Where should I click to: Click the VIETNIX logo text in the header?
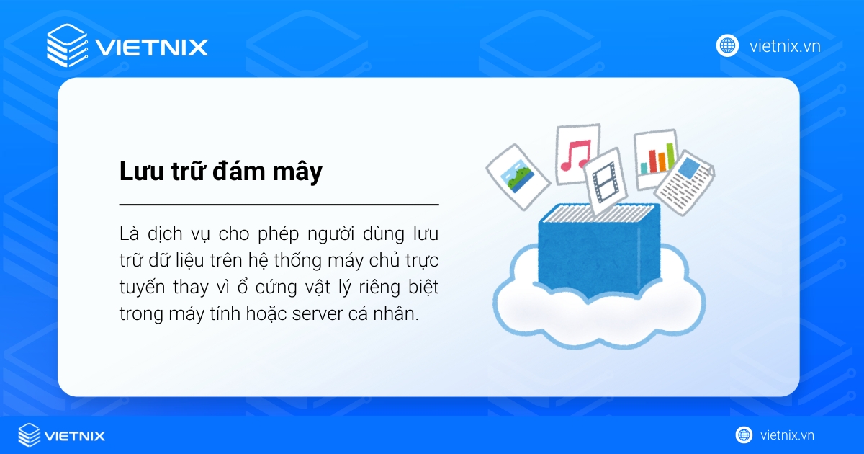pyautogui.click(x=151, y=48)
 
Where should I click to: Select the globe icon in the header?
pyautogui.click(x=727, y=45)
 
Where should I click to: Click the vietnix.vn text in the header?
pyautogui.click(x=785, y=46)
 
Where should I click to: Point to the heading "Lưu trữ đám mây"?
pyautogui.click(x=220, y=173)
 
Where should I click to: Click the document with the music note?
pyautogui.click(x=575, y=153)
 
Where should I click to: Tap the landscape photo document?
pyautogui.click(x=518, y=174)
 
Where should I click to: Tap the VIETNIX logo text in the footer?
pyautogui.click(x=75, y=435)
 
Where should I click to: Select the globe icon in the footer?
pyautogui.click(x=744, y=435)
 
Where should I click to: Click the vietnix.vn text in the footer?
pyautogui.click(x=787, y=435)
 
